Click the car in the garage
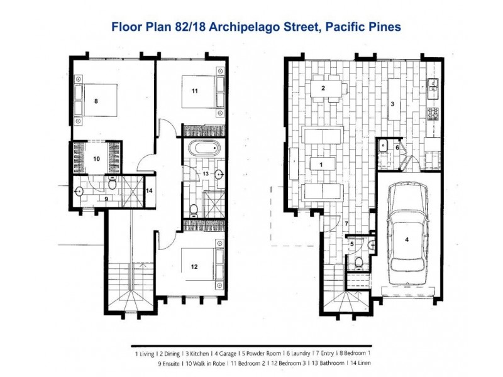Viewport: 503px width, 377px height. [406, 235]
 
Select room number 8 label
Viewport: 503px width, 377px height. [96, 100]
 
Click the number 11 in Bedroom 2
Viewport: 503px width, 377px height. [195, 92]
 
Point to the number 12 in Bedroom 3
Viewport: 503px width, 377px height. [194, 266]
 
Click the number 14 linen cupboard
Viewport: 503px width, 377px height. [150, 190]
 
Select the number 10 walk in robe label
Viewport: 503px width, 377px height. [96, 159]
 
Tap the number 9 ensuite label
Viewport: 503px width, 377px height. [106, 199]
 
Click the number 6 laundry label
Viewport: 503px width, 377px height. [397, 147]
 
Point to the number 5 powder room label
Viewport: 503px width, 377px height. [352, 244]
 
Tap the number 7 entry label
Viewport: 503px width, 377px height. [346, 223]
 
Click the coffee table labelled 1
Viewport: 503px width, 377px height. [321, 164]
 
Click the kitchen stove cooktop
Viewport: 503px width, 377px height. [433, 114]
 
